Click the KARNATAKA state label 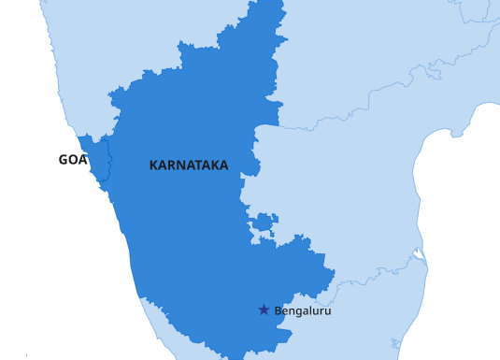[x=188, y=166]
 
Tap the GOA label [x=72, y=160]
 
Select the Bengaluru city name [x=302, y=310]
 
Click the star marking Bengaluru [x=264, y=310]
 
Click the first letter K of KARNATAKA [x=153, y=166]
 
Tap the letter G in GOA [x=64, y=160]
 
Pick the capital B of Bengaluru [x=278, y=310]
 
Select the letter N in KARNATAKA [x=179, y=166]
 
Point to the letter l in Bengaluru [x=312, y=310]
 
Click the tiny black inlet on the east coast [x=418, y=253]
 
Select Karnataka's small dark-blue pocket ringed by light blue [x=263, y=223]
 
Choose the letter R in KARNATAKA [x=170, y=166]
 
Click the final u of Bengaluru [x=327, y=310]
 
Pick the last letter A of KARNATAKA [x=223, y=166]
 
